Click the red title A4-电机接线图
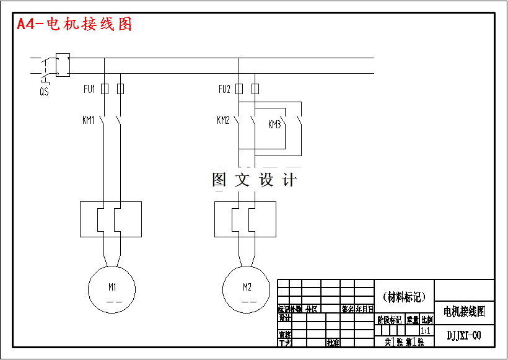coord(74,24)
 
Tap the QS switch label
coord(44,92)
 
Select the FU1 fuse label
coord(89,89)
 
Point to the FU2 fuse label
coord(224,89)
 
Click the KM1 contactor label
coord(89,120)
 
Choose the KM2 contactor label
coord(223,120)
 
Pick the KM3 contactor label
coord(274,125)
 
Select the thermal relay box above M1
coord(111,219)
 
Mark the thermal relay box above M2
coord(245,219)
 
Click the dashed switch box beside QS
coord(63,65)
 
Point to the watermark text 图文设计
coord(255,180)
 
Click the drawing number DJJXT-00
coord(464,336)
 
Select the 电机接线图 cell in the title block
coord(464,310)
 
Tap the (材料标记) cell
coord(405,297)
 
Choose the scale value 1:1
coord(426,331)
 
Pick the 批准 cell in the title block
coord(333,342)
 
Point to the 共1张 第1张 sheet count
coord(405,342)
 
